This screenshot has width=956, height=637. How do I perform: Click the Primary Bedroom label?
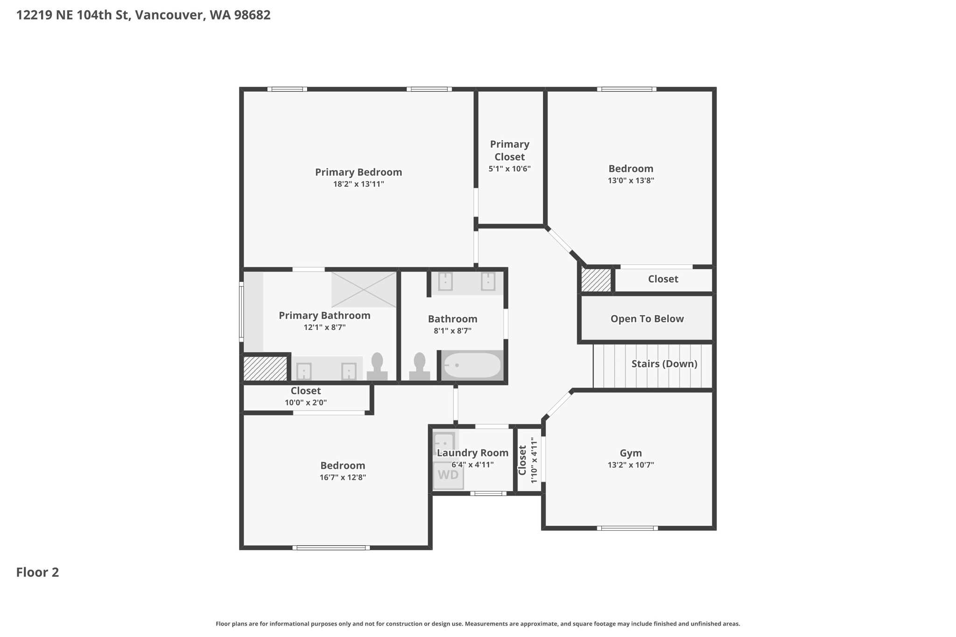tap(358, 172)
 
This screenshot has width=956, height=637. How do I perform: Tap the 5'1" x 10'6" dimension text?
tap(510, 169)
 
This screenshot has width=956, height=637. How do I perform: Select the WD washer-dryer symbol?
tap(448, 475)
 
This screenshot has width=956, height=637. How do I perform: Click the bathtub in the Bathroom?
tap(472, 365)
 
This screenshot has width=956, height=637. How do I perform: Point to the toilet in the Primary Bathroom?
tap(377, 367)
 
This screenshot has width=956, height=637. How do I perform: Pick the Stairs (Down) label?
tap(664, 364)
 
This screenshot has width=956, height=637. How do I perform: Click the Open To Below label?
tap(647, 319)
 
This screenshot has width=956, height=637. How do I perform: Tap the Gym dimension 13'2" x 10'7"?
tap(631, 465)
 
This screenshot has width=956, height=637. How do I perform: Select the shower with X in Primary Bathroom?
tap(364, 289)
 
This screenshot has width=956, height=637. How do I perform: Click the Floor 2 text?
tap(37, 572)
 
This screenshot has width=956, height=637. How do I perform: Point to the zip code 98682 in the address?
tap(253, 15)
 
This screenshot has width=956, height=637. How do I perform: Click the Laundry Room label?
tap(472, 453)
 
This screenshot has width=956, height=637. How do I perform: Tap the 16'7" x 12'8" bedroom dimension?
tap(343, 477)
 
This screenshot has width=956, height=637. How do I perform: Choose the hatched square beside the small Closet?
tap(596, 280)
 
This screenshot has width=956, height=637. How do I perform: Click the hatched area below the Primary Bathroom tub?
tap(265, 369)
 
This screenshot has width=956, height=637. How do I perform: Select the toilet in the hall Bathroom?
tap(420, 367)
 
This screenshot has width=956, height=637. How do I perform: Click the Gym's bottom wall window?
tap(627, 528)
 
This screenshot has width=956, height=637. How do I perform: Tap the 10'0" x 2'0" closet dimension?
tap(306, 403)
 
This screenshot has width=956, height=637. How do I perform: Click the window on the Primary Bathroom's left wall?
tap(241, 311)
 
